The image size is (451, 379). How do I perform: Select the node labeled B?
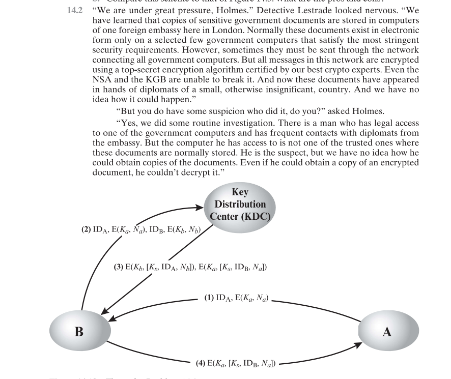pos(79,332)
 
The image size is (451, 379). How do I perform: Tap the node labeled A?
pos(387,332)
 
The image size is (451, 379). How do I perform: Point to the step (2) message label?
pos(140,229)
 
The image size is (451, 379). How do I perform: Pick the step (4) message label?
pos(236,363)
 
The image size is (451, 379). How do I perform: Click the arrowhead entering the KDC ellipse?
pos(200,208)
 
